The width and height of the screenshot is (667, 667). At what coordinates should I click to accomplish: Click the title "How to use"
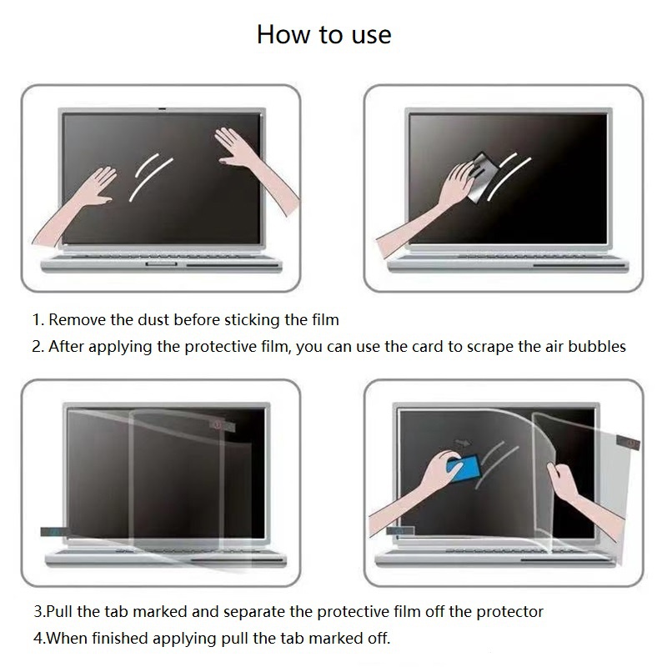click(x=323, y=34)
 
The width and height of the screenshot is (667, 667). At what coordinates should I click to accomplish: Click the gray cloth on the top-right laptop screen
click(x=484, y=174)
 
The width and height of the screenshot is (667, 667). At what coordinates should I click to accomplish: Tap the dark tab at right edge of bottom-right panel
click(x=627, y=439)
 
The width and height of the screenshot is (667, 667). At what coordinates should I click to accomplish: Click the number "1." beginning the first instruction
click(x=38, y=319)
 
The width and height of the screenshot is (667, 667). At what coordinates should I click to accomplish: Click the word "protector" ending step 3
click(x=509, y=611)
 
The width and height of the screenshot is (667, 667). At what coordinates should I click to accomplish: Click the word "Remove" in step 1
click(x=75, y=319)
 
